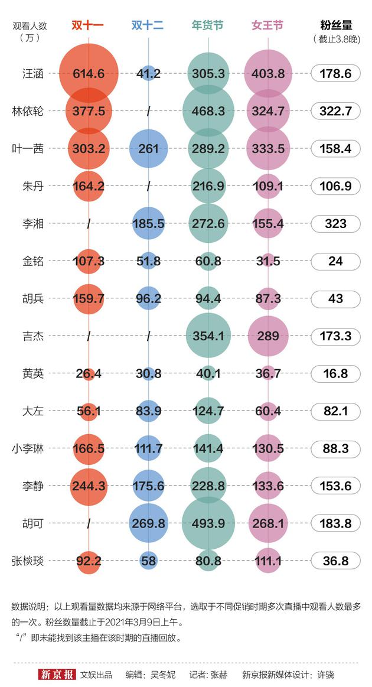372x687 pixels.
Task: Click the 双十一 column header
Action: click(x=88, y=25)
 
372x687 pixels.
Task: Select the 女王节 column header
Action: click(x=267, y=25)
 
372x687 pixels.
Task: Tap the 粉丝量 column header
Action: click(x=336, y=25)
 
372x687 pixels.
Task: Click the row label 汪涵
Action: click(x=32, y=74)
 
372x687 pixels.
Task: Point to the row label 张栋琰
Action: click(x=28, y=561)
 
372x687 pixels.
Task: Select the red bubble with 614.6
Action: click(x=89, y=74)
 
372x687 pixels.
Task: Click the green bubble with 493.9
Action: click(x=208, y=523)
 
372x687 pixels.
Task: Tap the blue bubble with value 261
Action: click(x=148, y=149)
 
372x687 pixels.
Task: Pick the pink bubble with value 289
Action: click(x=268, y=336)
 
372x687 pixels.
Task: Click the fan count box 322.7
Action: click(x=335, y=111)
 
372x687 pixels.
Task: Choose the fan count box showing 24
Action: click(x=335, y=261)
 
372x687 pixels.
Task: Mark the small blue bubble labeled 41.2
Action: click(x=148, y=74)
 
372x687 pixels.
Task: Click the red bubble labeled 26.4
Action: click(x=89, y=374)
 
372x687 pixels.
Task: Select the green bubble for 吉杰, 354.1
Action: click(x=208, y=336)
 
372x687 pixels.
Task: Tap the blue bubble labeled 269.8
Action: click(x=148, y=523)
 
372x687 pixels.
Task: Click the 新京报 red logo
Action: click(x=57, y=675)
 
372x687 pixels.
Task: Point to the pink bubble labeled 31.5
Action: click(x=268, y=261)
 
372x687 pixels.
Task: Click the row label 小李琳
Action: click(x=28, y=448)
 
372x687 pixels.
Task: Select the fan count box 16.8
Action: click(x=335, y=374)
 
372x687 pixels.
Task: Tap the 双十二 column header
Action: click(x=148, y=25)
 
